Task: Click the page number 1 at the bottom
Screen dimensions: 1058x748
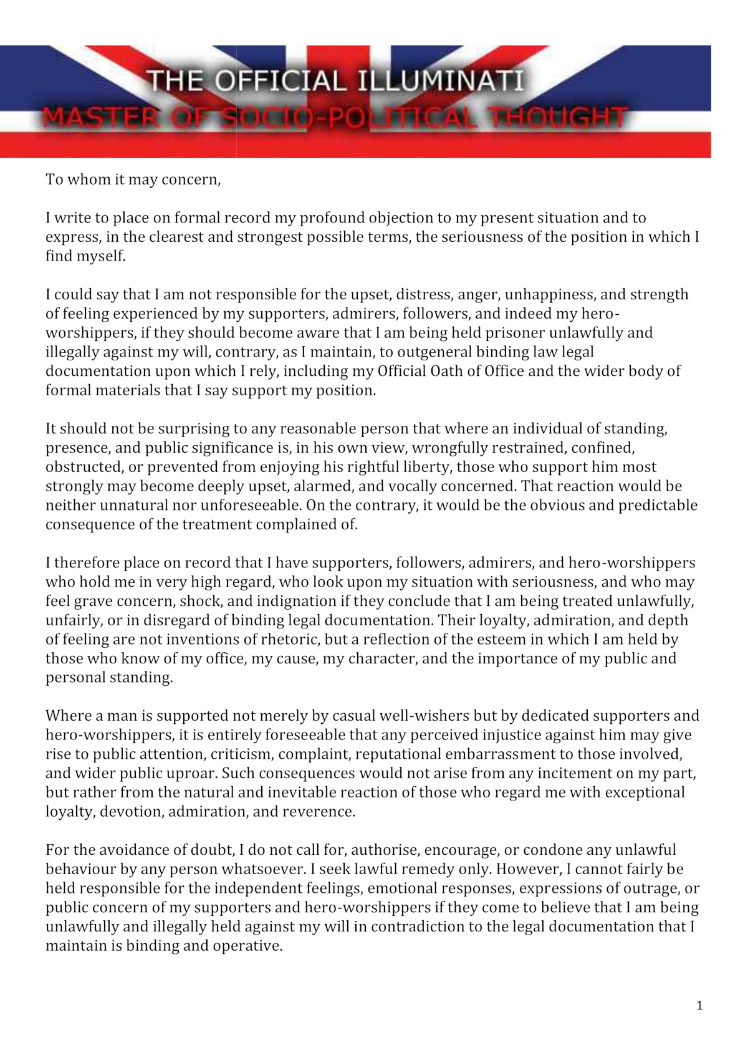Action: coord(699,1005)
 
